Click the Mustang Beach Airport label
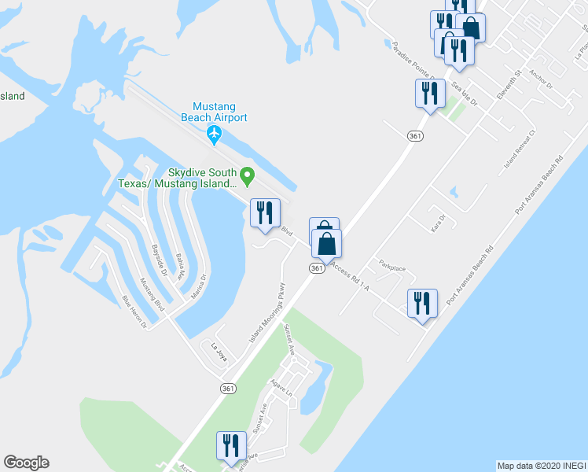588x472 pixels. click(215, 112)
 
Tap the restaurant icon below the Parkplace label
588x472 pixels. click(422, 303)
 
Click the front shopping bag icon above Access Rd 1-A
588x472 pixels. click(327, 244)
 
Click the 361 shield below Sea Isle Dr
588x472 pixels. click(416, 136)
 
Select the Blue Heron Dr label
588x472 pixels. click(134, 311)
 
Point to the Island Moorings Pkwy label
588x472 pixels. click(266, 312)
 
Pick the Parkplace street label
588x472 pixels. click(392, 267)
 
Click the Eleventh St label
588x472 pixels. click(509, 86)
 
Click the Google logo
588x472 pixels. click(26, 463)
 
